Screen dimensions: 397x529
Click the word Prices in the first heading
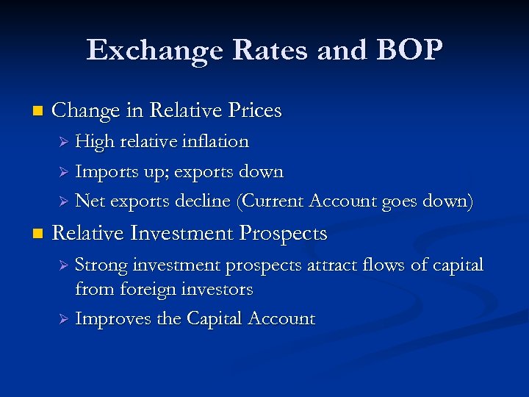pyautogui.click(x=253, y=110)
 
